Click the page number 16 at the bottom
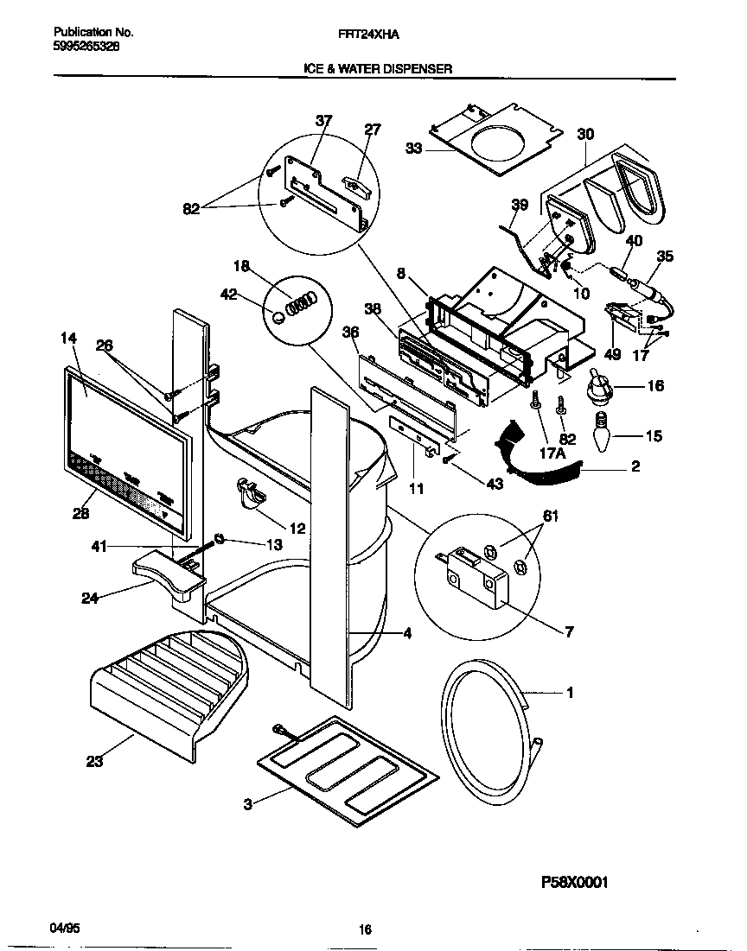pyautogui.click(x=365, y=929)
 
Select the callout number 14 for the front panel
pyautogui.click(x=69, y=339)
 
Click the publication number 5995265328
pyautogui.click(x=80, y=48)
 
